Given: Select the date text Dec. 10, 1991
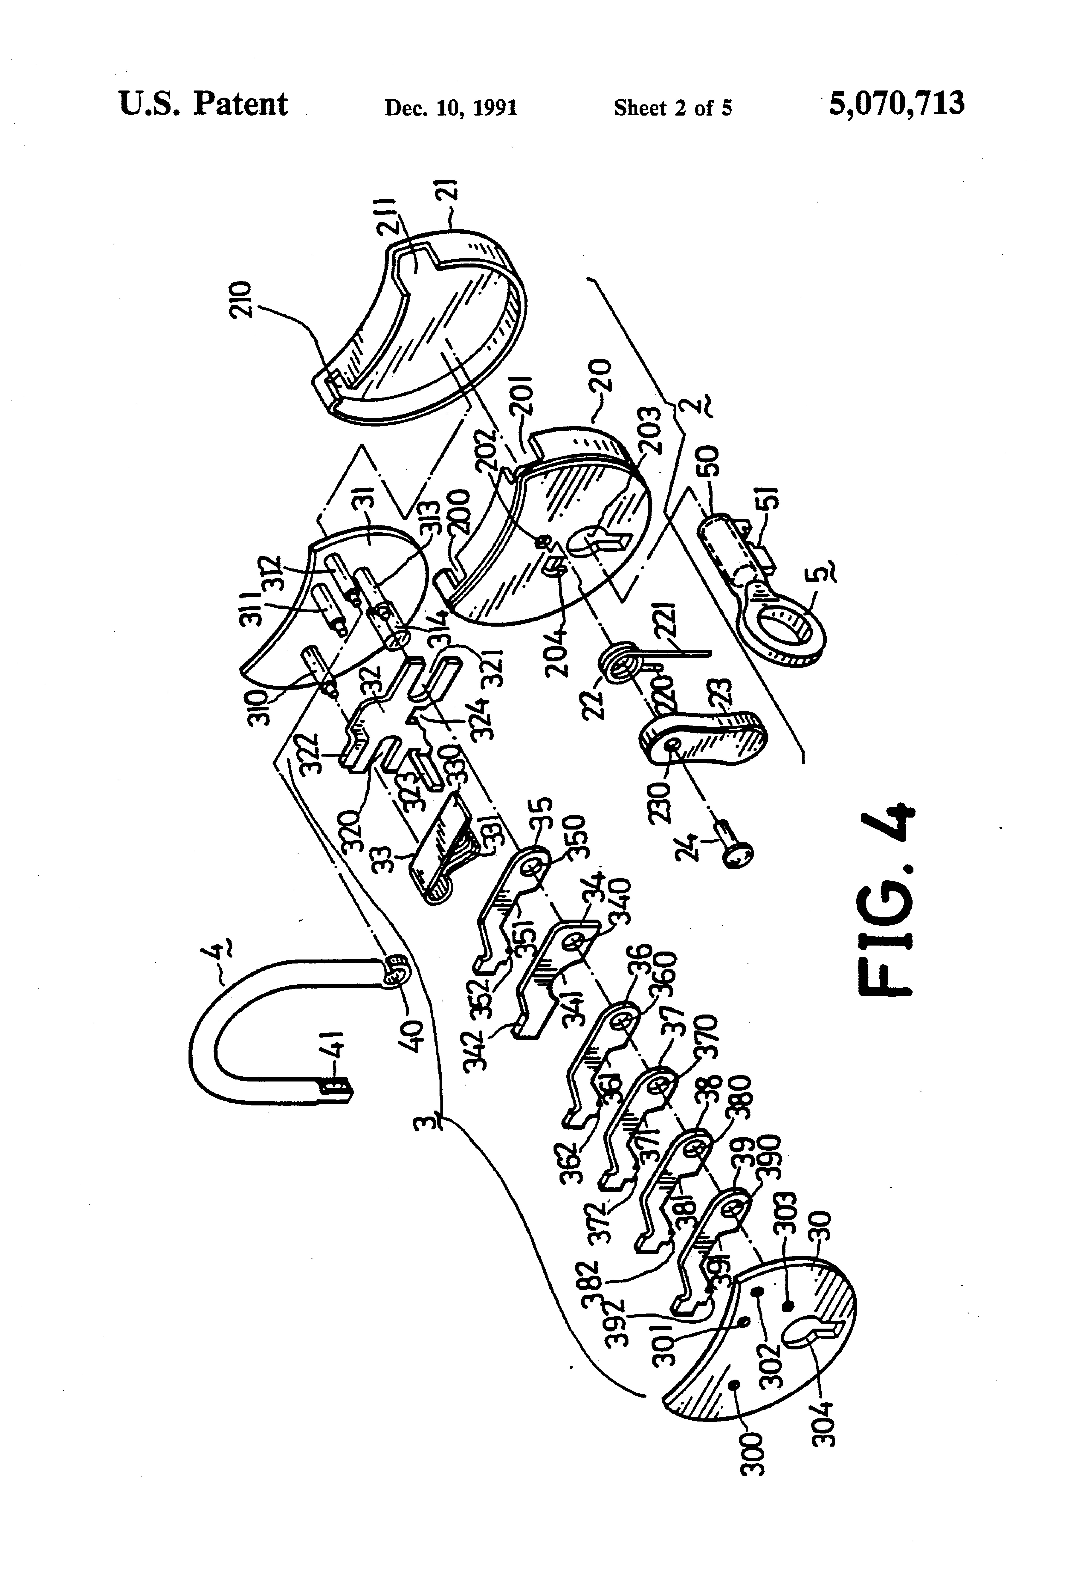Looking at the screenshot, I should coord(451,108).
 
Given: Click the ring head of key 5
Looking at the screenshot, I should coord(786,623).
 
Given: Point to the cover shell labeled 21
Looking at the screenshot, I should coord(434,319).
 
